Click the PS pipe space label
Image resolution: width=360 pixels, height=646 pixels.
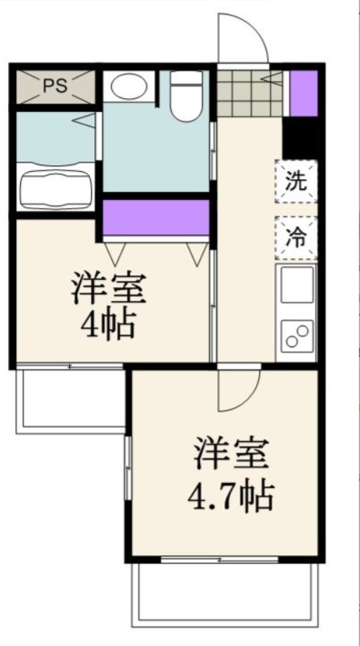click(55, 86)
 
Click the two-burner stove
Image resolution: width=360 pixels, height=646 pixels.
click(297, 335)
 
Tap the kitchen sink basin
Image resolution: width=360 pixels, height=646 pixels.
click(297, 286)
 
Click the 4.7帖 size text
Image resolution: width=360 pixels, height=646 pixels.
click(230, 496)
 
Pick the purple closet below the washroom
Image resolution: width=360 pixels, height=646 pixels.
click(155, 217)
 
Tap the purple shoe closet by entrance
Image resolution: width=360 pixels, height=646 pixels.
click(304, 92)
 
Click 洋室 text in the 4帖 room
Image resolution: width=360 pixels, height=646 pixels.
click(108, 289)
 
